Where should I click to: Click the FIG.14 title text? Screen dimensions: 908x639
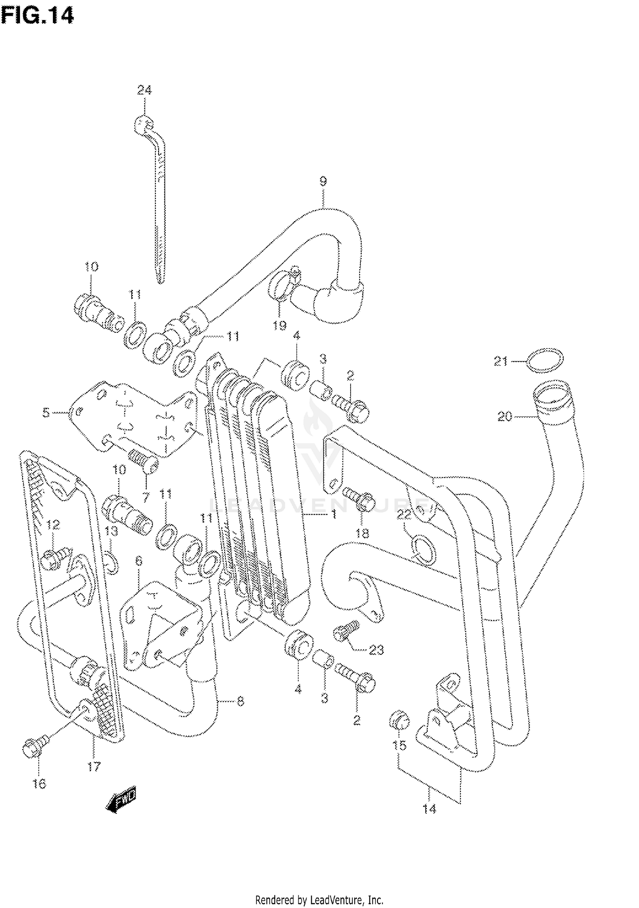[37, 16]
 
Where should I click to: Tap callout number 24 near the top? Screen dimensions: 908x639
[144, 90]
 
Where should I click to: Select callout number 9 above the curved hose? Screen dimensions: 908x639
[323, 182]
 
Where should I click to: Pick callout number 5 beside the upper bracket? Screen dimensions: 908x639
[46, 412]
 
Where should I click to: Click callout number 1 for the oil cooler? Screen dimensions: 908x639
[334, 515]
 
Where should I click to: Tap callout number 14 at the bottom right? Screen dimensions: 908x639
[429, 808]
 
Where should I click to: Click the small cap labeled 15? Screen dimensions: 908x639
[399, 719]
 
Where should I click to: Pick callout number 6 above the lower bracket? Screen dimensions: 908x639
[139, 561]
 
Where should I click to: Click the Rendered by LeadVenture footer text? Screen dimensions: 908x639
[319, 900]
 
